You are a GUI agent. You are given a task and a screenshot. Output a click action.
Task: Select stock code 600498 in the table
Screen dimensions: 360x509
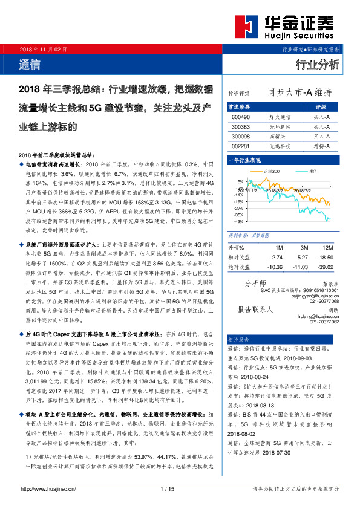click(240, 117)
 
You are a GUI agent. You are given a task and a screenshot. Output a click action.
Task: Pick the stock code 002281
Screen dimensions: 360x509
click(240, 146)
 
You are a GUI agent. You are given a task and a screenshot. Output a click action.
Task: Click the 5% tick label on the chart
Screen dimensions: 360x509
click(240, 181)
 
